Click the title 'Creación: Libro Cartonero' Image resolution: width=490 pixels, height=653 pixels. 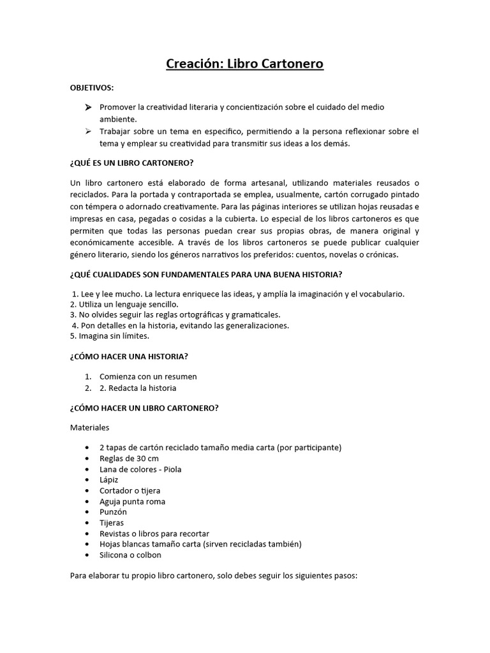coord(245,64)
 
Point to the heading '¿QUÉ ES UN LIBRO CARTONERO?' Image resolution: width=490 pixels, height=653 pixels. coord(131,162)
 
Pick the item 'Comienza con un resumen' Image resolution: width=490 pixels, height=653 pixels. coord(148,376)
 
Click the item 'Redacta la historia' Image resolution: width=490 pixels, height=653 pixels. coord(144,388)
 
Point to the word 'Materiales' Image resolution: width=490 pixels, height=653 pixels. coord(90,427)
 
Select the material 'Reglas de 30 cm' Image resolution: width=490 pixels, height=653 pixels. coord(129,459)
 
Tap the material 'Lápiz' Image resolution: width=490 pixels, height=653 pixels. coord(109,480)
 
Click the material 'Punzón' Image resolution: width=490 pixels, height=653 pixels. coord(113,511)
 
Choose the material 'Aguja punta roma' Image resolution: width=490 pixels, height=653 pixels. coord(132,501)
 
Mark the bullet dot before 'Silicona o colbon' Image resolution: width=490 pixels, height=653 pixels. coord(87,555)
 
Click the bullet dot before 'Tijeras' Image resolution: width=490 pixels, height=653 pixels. coord(87,522)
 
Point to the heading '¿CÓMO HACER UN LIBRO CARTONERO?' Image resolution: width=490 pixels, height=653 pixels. coord(144,408)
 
